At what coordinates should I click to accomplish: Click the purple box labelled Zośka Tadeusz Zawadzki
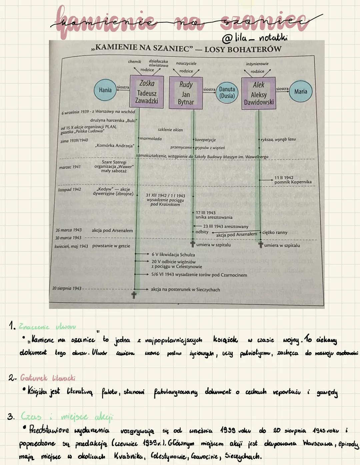click(x=147, y=92)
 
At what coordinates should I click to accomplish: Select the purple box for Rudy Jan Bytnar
click(x=186, y=93)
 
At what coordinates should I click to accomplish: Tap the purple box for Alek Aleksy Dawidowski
click(x=259, y=93)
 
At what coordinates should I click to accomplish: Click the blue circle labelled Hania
click(x=105, y=90)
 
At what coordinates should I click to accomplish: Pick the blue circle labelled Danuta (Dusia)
click(x=227, y=93)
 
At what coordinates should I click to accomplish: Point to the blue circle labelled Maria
click(x=301, y=91)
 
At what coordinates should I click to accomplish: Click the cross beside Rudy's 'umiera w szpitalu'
click(x=193, y=244)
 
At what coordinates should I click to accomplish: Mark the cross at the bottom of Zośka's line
click(x=134, y=295)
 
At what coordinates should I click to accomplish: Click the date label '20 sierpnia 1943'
click(x=67, y=288)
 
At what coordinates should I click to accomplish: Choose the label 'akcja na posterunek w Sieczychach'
click(x=185, y=290)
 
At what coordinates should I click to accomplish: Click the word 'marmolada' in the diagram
click(x=151, y=139)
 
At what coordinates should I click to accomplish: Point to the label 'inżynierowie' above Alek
click(x=257, y=64)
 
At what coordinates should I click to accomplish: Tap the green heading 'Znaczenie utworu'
click(x=47, y=327)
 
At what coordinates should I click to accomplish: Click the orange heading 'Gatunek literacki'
click(x=48, y=378)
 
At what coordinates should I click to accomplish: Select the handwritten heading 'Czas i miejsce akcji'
click(x=67, y=417)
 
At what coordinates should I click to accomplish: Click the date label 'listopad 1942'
click(x=69, y=190)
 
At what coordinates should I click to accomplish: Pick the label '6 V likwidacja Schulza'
click(x=173, y=255)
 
